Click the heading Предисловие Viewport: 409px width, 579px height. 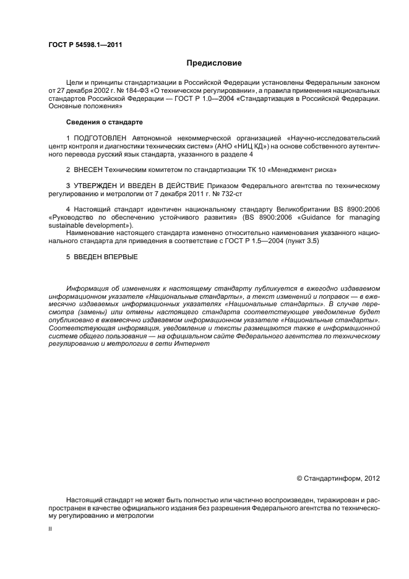click(x=214, y=63)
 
